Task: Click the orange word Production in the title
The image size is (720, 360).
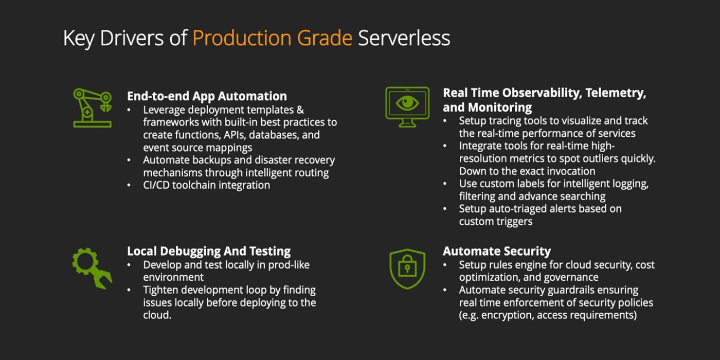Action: click(x=242, y=38)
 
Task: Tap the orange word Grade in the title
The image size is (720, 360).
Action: click(x=325, y=38)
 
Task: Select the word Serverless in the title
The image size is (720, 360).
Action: click(x=404, y=38)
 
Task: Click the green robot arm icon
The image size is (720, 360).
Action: click(x=93, y=107)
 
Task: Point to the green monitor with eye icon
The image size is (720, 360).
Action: click(x=407, y=106)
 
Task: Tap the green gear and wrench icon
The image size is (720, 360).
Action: click(x=92, y=268)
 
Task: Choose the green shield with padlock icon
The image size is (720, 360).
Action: click(x=407, y=268)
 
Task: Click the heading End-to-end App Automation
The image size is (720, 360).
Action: click(x=207, y=96)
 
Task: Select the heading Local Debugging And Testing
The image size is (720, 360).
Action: click(x=209, y=251)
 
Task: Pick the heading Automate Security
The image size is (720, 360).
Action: click(x=497, y=251)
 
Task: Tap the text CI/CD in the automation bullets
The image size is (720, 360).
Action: click(x=156, y=185)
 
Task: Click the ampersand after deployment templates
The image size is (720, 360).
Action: click(x=300, y=110)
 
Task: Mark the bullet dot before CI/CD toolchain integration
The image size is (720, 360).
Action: click(x=129, y=185)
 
